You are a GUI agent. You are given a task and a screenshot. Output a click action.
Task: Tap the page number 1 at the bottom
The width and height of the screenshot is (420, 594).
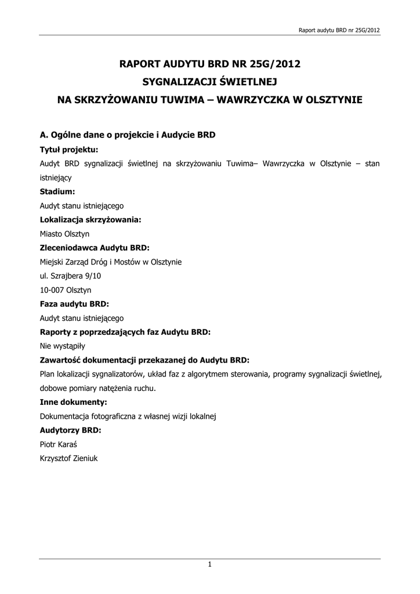pyautogui.click(x=209, y=564)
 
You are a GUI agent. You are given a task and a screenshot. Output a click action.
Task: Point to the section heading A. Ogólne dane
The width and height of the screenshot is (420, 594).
pyautogui.click(x=127, y=135)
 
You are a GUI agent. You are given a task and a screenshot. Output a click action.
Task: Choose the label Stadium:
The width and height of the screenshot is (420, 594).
pyautogui.click(x=57, y=191)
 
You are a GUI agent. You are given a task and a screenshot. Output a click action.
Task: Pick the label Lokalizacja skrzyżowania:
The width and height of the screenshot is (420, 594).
pyautogui.click(x=90, y=220)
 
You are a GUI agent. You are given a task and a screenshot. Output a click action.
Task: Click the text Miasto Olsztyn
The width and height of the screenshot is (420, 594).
pyautogui.click(x=64, y=234)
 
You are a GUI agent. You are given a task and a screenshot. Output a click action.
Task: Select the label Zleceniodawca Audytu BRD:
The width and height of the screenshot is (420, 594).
pyautogui.click(x=95, y=248)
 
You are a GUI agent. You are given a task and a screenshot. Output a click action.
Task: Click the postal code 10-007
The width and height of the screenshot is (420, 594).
pyautogui.click(x=50, y=290)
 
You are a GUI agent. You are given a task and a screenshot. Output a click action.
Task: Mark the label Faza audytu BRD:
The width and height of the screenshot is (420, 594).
pyautogui.click(x=74, y=304)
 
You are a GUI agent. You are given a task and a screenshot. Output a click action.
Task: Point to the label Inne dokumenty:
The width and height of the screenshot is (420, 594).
pyautogui.click(x=73, y=402)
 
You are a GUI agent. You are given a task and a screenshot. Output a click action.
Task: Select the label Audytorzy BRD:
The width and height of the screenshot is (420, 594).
pyautogui.click(x=70, y=430)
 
